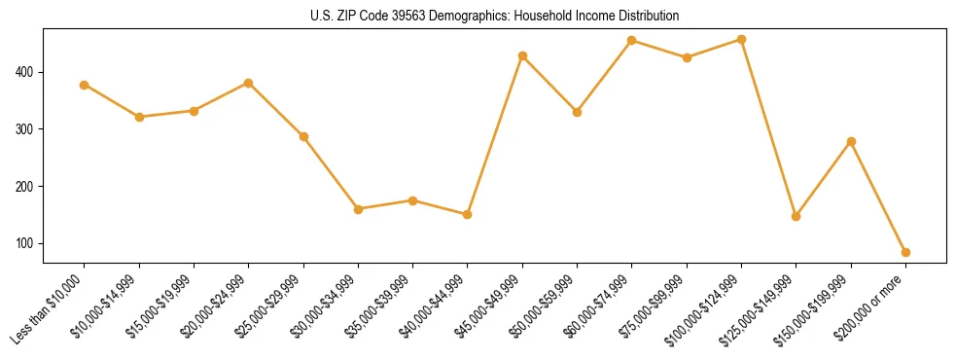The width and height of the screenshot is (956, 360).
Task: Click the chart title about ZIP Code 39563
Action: coord(487,16)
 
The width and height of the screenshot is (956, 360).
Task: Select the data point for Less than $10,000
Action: coord(85,85)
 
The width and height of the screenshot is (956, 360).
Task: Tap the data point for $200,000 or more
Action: coord(905,252)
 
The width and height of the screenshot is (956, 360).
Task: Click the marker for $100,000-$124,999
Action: coord(741,40)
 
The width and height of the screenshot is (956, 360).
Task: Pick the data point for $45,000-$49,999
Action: coord(522,55)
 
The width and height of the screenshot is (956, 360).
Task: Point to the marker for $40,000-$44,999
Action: coord(468,214)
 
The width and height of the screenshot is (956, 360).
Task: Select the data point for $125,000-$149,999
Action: coord(796,216)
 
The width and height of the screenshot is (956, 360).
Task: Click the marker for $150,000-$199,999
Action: coord(851,141)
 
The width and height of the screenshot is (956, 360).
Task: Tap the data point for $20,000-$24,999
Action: coord(249,83)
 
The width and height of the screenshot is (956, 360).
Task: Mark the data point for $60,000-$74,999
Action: coord(632,40)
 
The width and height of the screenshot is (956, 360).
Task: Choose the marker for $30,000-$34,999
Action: coord(358,209)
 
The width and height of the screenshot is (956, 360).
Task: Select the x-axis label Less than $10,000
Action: coord(51,308)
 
